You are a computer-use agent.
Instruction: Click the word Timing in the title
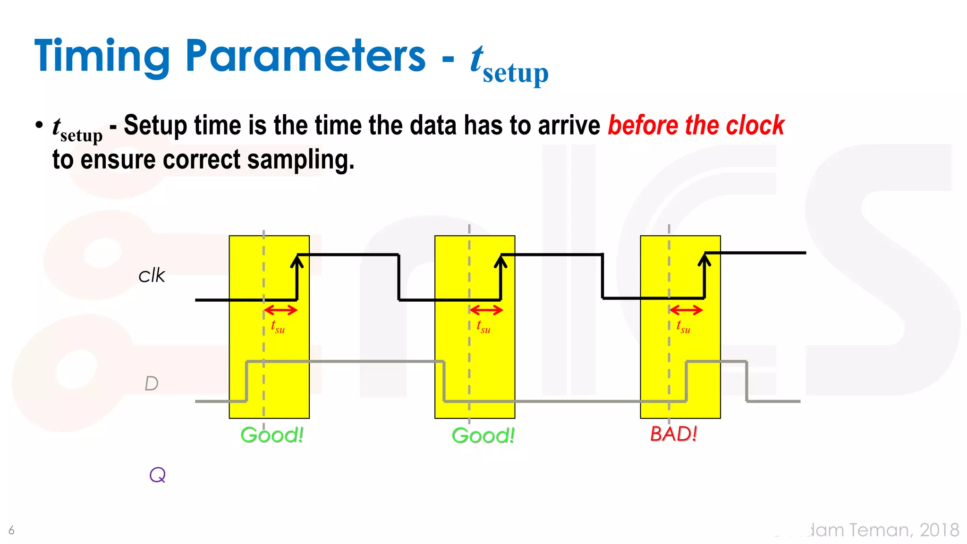[x=102, y=57]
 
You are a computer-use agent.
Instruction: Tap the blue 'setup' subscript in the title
[x=515, y=74]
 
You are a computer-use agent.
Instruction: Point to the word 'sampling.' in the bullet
[x=301, y=160]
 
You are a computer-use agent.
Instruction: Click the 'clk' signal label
[x=152, y=275]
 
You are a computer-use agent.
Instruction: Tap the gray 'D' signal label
[x=151, y=383]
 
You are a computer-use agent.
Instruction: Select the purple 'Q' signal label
[x=157, y=475]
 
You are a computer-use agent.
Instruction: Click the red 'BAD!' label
[x=673, y=433]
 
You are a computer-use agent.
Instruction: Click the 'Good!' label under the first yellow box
[x=271, y=435]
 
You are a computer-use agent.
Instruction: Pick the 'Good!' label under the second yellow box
[x=483, y=435]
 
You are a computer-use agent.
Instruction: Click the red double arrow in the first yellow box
[x=280, y=310]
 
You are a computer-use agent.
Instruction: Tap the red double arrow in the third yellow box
[x=686, y=310]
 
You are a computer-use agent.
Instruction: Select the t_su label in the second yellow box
[x=483, y=326]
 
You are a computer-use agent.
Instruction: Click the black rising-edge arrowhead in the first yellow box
[x=297, y=261]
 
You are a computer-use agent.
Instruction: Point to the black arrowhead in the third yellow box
[x=704, y=259]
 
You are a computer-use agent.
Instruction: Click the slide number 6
[x=11, y=530]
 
